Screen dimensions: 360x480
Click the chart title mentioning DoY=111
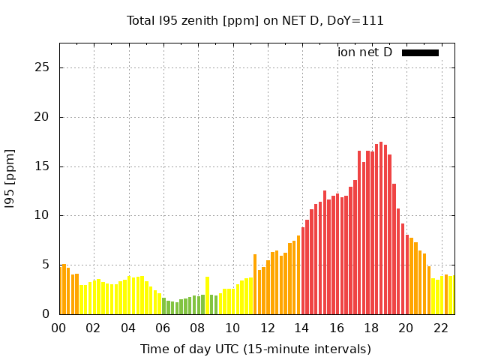(x=255, y=20)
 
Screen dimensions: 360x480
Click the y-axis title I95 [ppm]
(x=10, y=178)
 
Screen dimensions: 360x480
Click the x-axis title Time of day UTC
(x=255, y=349)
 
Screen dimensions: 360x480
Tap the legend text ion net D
(x=364, y=52)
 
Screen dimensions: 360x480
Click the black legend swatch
(x=420, y=52)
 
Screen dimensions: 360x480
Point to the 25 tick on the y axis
(x=43, y=67)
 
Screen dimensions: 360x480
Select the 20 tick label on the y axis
(x=43, y=117)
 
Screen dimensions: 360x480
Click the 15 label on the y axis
(x=43, y=166)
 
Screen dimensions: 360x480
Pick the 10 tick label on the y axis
(x=43, y=215)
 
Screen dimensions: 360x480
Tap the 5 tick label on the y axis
(x=46, y=265)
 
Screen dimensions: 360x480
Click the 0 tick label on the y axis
(x=46, y=314)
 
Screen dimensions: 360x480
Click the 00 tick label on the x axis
(x=59, y=328)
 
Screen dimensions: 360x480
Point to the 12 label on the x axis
(x=268, y=328)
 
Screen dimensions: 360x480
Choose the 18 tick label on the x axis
(x=372, y=328)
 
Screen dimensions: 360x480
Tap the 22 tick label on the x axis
(x=441, y=328)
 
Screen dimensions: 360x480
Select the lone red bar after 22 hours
(x=446, y=294)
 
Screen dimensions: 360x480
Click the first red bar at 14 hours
(x=303, y=271)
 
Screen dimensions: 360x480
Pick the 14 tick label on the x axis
(x=302, y=328)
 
